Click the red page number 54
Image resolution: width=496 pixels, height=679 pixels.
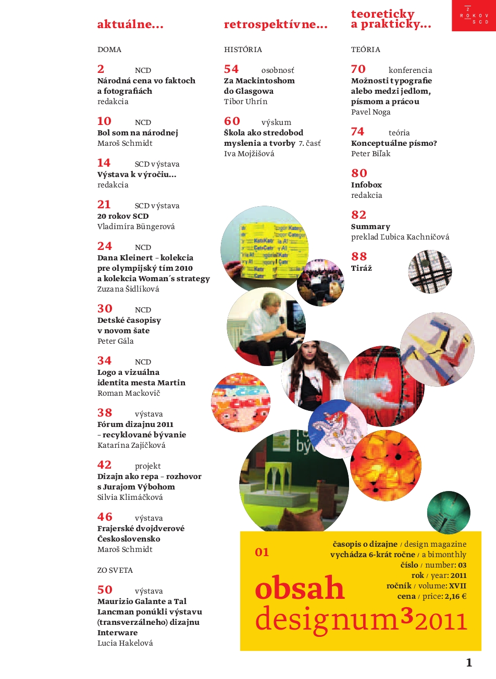click(x=231, y=69)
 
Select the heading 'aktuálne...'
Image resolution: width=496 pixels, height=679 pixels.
click(x=130, y=24)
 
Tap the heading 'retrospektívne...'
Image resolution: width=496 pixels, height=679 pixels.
click(x=276, y=24)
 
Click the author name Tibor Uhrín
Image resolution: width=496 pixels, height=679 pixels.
click(x=245, y=102)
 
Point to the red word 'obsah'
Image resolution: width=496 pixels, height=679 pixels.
click(x=300, y=588)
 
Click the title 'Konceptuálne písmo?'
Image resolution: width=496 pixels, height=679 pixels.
click(x=394, y=143)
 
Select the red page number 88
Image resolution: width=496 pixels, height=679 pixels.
click(x=359, y=257)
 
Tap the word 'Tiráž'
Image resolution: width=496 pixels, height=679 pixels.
click(x=362, y=268)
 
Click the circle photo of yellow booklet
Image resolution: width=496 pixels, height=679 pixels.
click(x=264, y=249)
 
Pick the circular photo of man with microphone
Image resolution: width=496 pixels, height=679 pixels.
click(x=266, y=326)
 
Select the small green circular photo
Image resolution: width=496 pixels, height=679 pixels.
click(x=448, y=512)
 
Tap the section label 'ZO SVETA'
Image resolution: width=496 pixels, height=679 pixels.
click(x=115, y=570)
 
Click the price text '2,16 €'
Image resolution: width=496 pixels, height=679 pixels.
click(x=455, y=596)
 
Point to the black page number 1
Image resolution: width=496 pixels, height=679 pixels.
click(x=469, y=662)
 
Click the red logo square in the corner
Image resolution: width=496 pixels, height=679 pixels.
click(x=474, y=16)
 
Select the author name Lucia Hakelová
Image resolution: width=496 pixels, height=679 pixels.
click(x=125, y=643)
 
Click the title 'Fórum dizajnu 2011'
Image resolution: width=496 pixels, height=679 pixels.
click(x=135, y=424)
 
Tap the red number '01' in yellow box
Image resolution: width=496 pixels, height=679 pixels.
click(x=262, y=552)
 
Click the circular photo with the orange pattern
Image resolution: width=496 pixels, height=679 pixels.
click(x=386, y=465)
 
